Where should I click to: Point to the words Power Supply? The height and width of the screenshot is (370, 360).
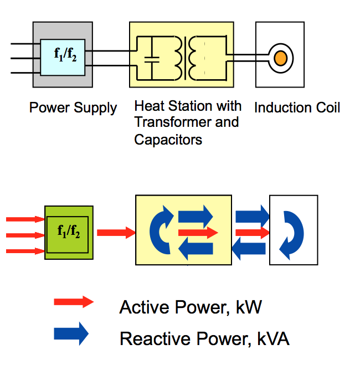73,107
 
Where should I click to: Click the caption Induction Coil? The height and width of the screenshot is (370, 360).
297,107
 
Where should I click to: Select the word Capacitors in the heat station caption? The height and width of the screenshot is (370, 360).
168,140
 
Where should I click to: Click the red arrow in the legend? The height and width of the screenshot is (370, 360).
74,302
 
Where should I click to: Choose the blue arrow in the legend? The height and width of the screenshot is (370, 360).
71,333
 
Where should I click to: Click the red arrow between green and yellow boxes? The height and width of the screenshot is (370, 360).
116,232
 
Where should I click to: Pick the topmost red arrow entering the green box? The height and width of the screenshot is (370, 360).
25,219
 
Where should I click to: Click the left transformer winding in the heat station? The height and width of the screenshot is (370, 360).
178,58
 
